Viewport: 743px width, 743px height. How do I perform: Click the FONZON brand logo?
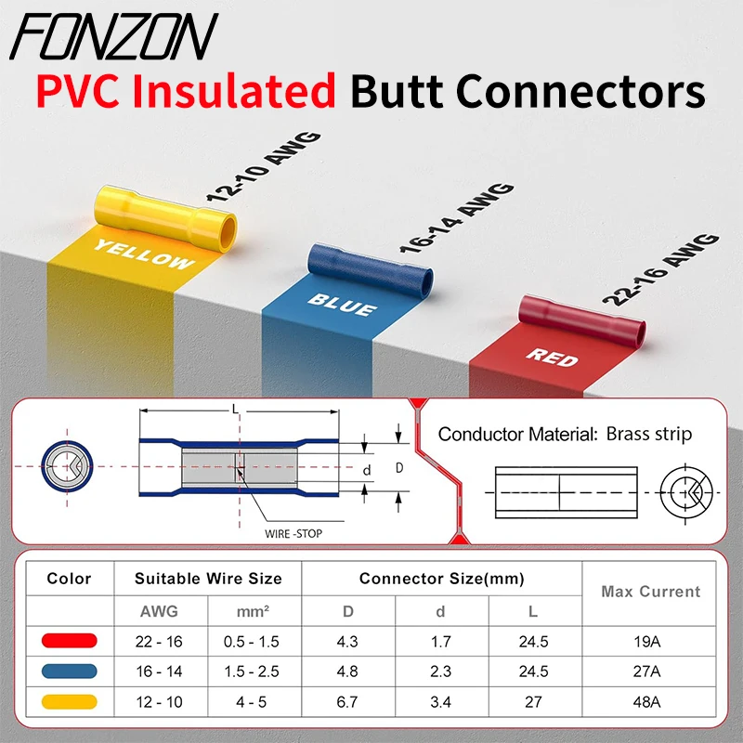click(x=116, y=37)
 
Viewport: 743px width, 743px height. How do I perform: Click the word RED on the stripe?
click(x=554, y=357)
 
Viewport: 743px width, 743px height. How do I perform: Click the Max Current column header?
click(x=650, y=592)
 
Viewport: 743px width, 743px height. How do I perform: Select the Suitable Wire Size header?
click(x=208, y=579)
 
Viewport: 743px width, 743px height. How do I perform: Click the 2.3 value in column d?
click(x=442, y=671)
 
